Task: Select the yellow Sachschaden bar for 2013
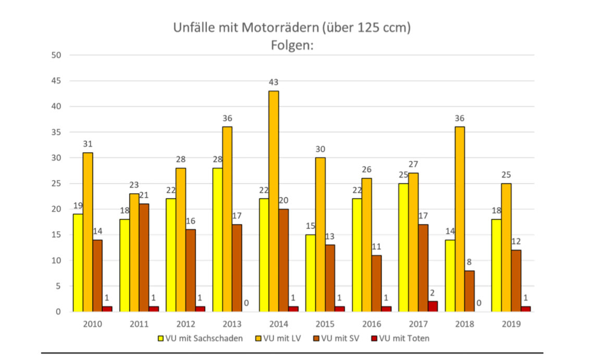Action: click(x=217, y=240)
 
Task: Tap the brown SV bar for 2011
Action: click(x=144, y=257)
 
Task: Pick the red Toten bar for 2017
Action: click(x=433, y=306)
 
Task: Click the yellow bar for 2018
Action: click(x=450, y=276)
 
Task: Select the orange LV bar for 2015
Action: click(x=320, y=234)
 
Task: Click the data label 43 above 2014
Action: click(x=274, y=82)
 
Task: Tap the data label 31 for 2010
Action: click(x=88, y=144)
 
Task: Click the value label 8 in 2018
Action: click(x=469, y=262)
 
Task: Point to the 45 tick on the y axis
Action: click(x=56, y=81)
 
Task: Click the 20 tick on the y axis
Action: click(x=56, y=209)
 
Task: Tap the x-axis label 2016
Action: click(x=372, y=324)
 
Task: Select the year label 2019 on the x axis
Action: click(x=511, y=324)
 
